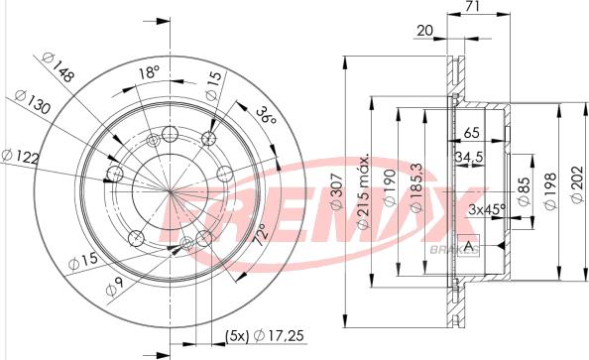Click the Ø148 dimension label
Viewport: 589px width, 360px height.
click(58, 66)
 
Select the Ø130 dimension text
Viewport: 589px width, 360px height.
click(32, 101)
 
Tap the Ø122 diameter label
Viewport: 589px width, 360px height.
click(20, 157)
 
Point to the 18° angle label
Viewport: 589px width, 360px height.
click(150, 71)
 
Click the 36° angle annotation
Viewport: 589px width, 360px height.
click(266, 115)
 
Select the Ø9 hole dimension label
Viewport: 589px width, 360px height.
click(115, 288)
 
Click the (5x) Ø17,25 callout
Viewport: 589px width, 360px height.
click(264, 335)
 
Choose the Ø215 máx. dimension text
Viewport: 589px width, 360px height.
click(363, 192)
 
